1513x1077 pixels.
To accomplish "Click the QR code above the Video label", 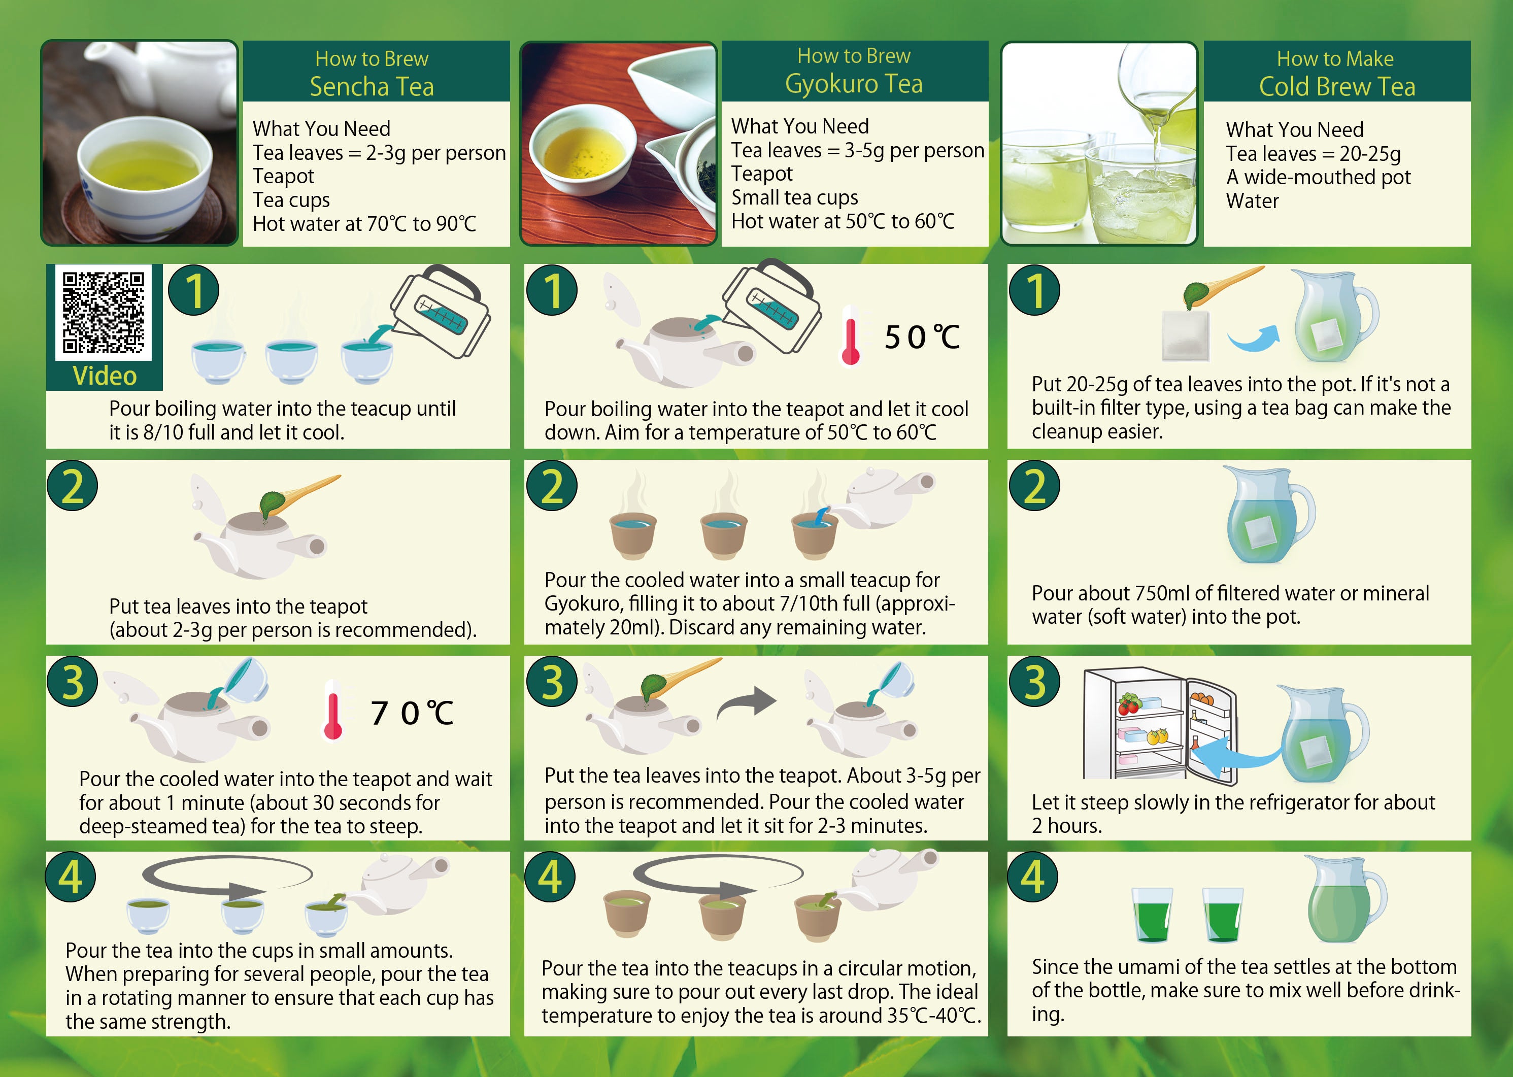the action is coord(104,312).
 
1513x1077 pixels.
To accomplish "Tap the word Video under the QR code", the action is coord(105,376).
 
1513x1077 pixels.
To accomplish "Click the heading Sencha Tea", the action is coord(372,87).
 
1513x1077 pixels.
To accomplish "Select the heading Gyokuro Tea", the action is coord(854,84).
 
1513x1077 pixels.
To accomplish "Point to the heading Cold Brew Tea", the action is coord(1337,87).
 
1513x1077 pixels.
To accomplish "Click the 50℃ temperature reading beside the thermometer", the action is coord(922,338).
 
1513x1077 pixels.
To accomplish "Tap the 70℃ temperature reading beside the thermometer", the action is coord(412,714).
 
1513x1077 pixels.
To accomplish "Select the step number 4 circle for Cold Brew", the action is coord(1033,877).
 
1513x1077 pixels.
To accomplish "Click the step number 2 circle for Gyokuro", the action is coord(552,485).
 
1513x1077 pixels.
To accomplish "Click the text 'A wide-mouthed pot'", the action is coord(1318,177).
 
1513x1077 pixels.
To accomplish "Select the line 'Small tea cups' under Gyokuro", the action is coord(794,197).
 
